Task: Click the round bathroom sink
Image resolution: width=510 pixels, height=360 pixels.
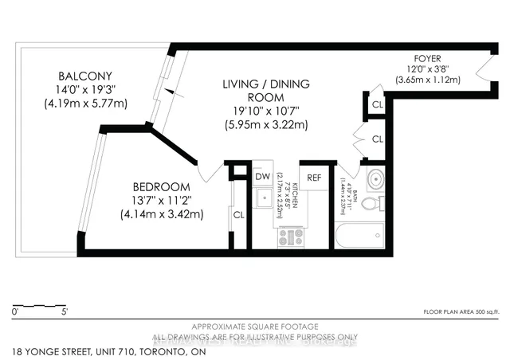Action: pos(375,178)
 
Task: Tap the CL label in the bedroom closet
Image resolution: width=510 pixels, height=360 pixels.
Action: pos(238,214)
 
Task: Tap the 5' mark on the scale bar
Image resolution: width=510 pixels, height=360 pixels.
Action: pos(76,312)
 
